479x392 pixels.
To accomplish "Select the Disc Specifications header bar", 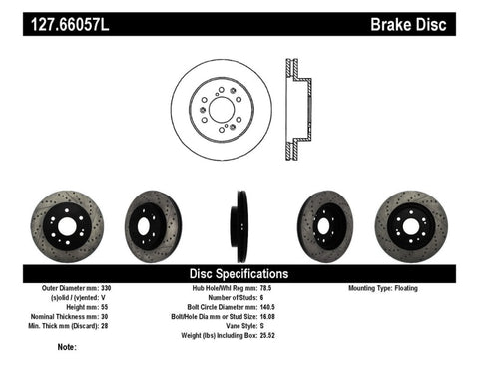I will (x=239, y=273).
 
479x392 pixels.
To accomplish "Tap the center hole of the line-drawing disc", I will (x=221, y=109).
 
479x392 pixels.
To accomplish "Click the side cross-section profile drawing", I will (x=295, y=109).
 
